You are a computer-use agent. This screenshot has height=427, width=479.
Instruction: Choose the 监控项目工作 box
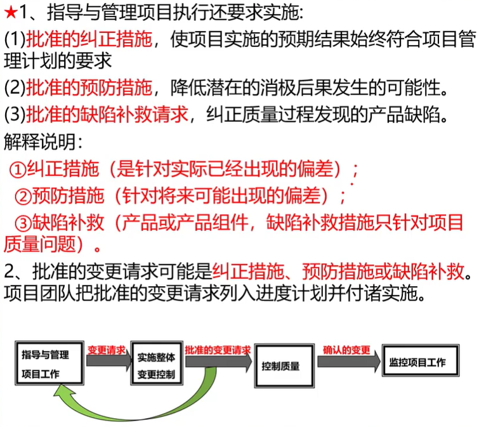pyautogui.click(x=417, y=363)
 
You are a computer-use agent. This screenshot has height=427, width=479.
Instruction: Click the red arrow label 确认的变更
pyautogui.click(x=346, y=349)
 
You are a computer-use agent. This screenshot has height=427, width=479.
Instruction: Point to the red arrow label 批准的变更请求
pyautogui.click(x=218, y=350)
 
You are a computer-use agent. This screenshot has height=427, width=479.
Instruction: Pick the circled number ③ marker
pyautogui.click(x=23, y=223)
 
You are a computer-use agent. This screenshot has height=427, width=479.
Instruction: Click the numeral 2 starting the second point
pyautogui.click(x=9, y=272)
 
